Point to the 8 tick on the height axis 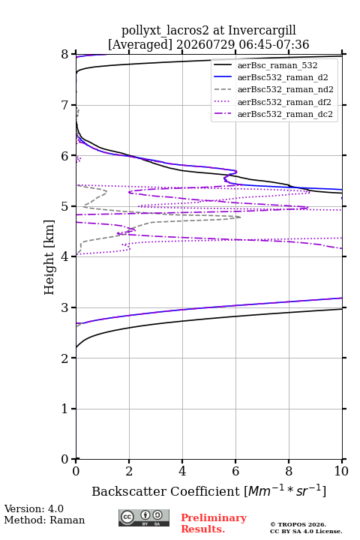65,55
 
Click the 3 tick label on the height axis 65,307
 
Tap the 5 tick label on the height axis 65,206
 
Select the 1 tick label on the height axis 65,409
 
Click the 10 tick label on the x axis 342,471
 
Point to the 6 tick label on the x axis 235,471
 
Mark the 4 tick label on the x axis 182,471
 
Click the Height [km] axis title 49,257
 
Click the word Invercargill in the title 262,30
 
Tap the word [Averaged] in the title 140,44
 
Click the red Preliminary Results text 214,523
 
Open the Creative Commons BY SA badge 144,518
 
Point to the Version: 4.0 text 34,508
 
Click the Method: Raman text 44,520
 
